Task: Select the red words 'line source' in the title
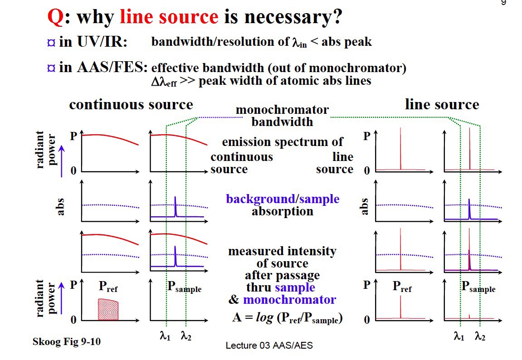[x=169, y=17]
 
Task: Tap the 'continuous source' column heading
[x=131, y=105]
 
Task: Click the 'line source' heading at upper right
[x=442, y=105]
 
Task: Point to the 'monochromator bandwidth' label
[x=282, y=116]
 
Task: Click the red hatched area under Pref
[x=108, y=310]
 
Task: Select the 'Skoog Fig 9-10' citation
[x=67, y=341]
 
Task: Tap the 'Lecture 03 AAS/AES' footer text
[x=269, y=345]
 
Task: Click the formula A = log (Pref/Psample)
[x=287, y=318]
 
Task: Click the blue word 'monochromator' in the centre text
[x=289, y=300]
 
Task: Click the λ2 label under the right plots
[x=479, y=336]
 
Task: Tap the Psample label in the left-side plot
[x=184, y=287]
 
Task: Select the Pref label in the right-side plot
[x=402, y=287]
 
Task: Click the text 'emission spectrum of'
[x=282, y=142]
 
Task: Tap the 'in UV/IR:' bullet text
[x=93, y=42]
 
